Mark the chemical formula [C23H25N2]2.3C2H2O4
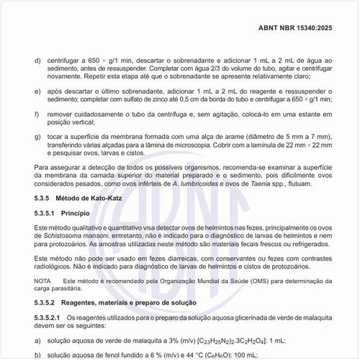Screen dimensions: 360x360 pyautogui.click(x=227, y=338)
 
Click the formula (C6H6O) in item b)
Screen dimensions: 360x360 pyautogui.click(x=204, y=354)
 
